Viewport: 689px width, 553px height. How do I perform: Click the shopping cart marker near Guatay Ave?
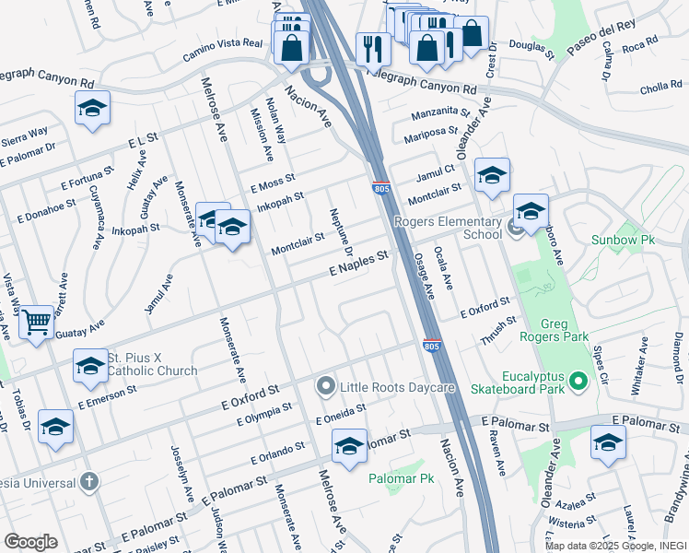click(x=36, y=323)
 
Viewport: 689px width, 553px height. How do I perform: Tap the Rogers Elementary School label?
click(x=448, y=228)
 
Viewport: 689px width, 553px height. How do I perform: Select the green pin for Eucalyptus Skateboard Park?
click(x=578, y=380)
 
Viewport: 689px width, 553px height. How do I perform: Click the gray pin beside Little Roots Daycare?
click(x=324, y=386)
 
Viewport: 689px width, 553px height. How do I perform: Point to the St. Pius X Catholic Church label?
click(x=153, y=364)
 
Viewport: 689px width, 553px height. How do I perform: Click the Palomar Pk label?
click(x=401, y=478)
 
